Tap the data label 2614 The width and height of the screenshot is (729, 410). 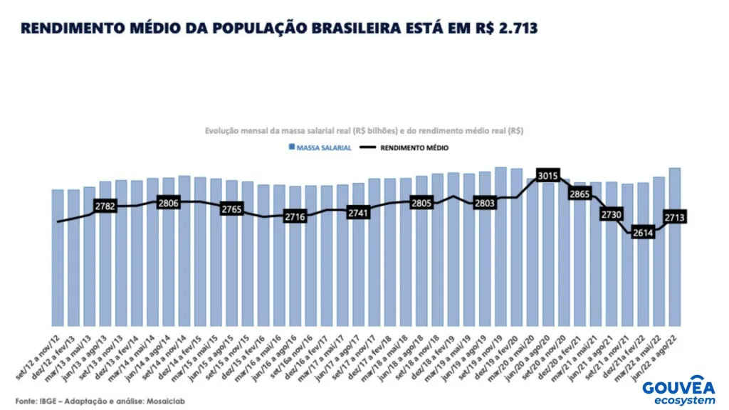tap(643, 232)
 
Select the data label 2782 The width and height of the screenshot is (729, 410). tap(106, 206)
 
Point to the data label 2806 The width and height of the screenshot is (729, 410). tap(169, 203)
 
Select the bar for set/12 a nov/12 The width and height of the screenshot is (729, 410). tap(58, 256)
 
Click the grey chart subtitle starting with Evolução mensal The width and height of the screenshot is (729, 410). tap(364, 131)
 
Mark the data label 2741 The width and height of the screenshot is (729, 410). tap(358, 212)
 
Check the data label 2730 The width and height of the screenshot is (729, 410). tap(611, 214)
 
